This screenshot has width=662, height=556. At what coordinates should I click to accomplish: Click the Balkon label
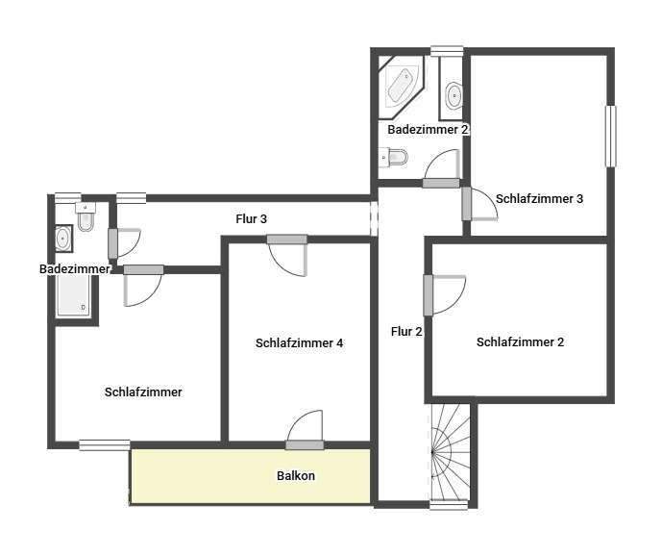point(296,475)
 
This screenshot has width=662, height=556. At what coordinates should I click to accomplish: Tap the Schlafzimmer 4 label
point(300,342)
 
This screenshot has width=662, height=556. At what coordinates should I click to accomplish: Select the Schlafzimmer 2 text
point(520,341)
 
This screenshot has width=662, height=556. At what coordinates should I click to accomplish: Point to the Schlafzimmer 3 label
point(540,199)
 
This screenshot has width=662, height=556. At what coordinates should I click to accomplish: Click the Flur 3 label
point(252,218)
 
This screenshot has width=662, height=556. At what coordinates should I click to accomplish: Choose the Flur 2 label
point(406,332)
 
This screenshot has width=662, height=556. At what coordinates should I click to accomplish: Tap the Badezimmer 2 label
point(428,129)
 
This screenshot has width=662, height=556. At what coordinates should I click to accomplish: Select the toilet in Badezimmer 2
point(394,156)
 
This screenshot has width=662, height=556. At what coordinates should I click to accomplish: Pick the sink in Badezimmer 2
point(454,95)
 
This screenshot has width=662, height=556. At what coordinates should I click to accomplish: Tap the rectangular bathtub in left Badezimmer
point(72,294)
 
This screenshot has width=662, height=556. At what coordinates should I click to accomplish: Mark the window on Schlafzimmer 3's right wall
point(610,136)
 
